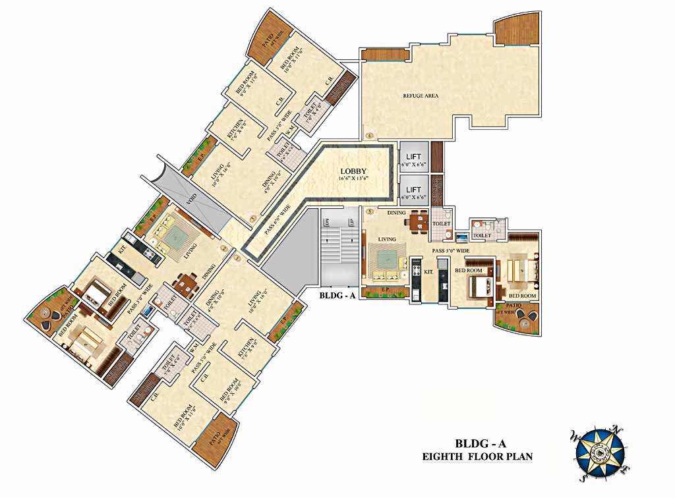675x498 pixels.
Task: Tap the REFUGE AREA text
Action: (x=421, y=96)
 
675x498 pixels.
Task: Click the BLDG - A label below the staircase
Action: (x=337, y=296)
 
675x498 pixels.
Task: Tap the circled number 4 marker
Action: (x=370, y=136)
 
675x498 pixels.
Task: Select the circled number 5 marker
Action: (x=370, y=212)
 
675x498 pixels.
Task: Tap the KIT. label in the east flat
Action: (x=428, y=271)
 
